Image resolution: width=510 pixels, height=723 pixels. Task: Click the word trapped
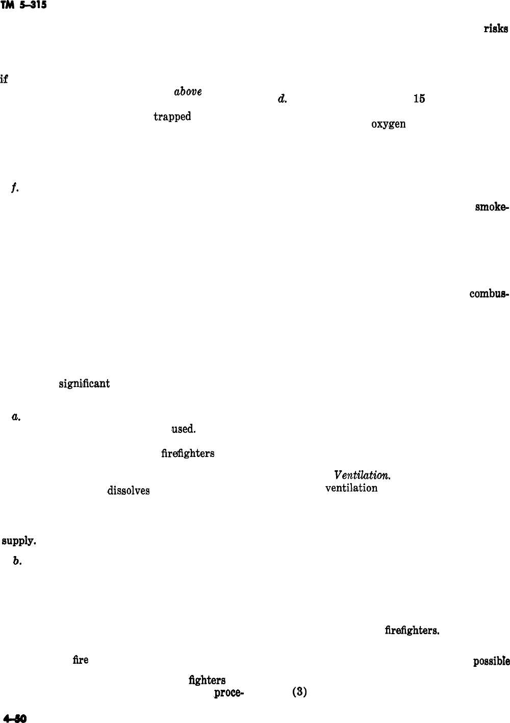click(x=172, y=117)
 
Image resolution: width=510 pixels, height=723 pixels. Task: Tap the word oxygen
click(x=389, y=124)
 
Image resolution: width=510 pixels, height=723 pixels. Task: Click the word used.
click(x=183, y=429)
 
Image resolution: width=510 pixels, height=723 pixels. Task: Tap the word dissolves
click(x=128, y=491)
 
